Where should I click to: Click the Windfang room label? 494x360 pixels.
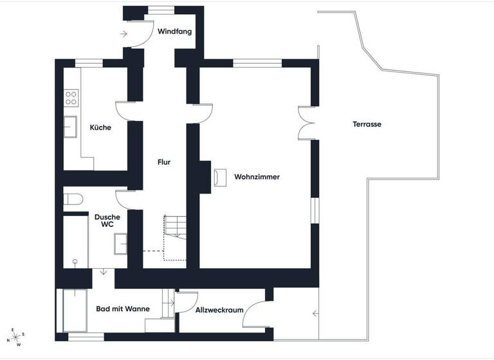(175, 32)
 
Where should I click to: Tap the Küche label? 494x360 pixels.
(100, 127)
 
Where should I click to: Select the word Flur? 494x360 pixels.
(164, 162)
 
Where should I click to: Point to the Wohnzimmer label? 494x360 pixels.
(257, 177)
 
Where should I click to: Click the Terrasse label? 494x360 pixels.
(367, 124)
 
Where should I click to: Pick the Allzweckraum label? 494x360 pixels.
(219, 310)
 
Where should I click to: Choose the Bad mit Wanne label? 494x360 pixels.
(123, 309)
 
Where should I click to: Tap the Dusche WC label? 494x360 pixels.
(107, 221)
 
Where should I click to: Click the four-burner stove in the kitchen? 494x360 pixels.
(71, 98)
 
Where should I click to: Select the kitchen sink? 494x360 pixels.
(70, 127)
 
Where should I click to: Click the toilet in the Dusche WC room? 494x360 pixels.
(74, 199)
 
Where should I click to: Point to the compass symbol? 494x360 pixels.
(15, 337)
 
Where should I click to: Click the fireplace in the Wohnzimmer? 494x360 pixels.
(220, 176)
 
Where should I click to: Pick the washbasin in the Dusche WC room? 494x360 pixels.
(122, 244)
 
